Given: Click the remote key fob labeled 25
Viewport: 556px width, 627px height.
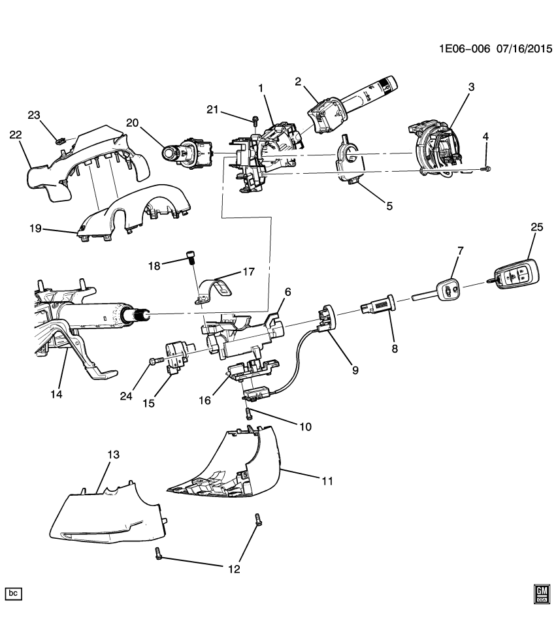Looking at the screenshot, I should pyautogui.click(x=515, y=276).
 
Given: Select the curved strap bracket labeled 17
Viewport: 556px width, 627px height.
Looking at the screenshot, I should pyautogui.click(x=216, y=289).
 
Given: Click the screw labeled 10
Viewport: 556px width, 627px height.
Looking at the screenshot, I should pyautogui.click(x=250, y=413).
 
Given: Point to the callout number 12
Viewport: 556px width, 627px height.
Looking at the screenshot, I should pyautogui.click(x=234, y=569).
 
